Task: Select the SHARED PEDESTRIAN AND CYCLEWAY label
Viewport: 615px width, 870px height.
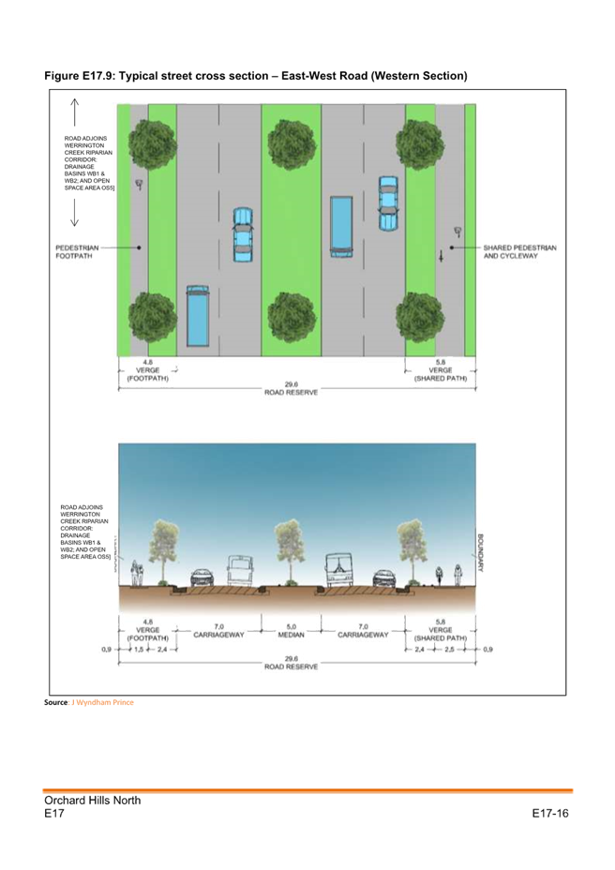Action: [519, 251]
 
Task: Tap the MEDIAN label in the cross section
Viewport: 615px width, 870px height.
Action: [291, 635]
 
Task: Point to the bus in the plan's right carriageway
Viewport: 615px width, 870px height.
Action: [340, 226]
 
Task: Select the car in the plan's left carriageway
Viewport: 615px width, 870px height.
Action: [243, 234]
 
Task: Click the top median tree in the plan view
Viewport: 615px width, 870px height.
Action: [291, 144]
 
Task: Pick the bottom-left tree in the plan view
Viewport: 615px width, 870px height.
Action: [152, 316]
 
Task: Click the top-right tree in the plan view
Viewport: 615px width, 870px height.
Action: [418, 144]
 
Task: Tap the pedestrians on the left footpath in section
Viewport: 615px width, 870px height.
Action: [138, 571]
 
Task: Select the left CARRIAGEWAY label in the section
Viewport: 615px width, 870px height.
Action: [218, 635]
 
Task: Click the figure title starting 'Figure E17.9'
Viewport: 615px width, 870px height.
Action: [255, 75]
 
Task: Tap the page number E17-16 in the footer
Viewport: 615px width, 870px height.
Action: [550, 814]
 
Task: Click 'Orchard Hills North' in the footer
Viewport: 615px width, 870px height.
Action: [92, 801]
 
